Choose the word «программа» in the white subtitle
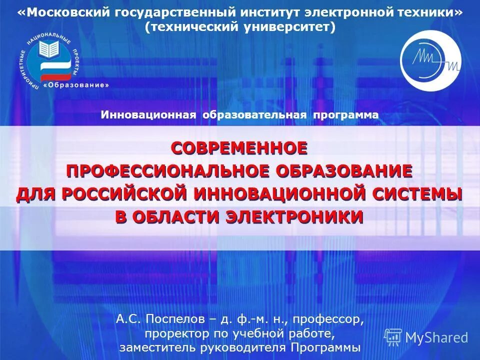click(345, 115)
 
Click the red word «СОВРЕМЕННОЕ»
click(239, 148)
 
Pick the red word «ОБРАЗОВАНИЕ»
click(343, 170)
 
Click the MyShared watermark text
click(436, 337)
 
